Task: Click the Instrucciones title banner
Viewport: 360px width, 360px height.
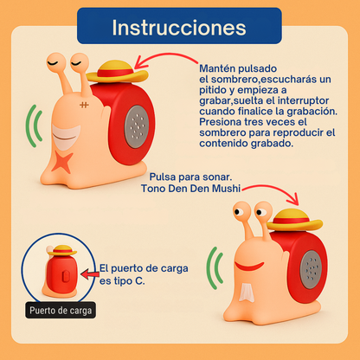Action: tap(179, 26)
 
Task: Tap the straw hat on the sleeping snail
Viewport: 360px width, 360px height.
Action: tap(117, 72)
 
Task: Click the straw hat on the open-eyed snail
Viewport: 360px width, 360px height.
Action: tap(294, 220)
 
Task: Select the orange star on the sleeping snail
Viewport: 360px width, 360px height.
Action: tap(62, 162)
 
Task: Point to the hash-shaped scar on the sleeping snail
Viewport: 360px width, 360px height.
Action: tap(84, 105)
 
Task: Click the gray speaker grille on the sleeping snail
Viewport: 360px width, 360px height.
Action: tap(137, 126)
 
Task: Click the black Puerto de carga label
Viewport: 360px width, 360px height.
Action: tap(61, 311)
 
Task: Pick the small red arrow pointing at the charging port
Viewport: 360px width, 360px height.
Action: tap(90, 274)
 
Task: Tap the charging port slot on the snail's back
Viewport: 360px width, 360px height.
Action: tap(67, 275)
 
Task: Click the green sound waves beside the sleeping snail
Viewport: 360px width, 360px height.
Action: tap(34, 126)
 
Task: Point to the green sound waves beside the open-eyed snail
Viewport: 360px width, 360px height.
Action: tap(215, 268)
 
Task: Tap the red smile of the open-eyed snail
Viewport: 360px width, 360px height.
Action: tap(248, 266)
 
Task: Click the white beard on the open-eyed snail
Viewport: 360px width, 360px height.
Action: tap(247, 292)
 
